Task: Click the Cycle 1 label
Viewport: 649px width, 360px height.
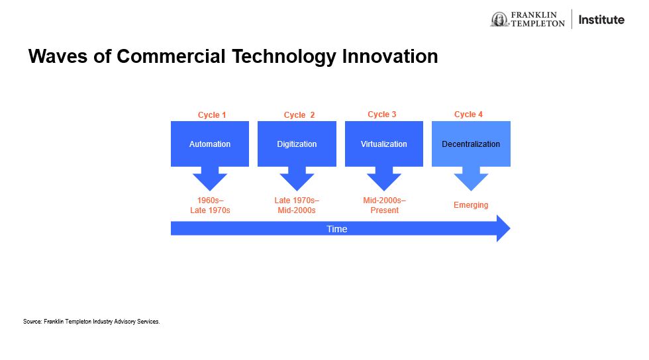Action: [x=212, y=114]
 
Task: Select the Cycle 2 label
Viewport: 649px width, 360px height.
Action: [x=299, y=114]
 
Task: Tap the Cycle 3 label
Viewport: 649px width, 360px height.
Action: [x=382, y=114]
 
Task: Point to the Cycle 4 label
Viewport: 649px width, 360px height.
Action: [x=469, y=114]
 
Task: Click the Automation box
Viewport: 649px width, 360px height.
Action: [x=210, y=144]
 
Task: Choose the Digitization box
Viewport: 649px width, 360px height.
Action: [x=297, y=144]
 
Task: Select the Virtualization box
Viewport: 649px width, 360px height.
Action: [x=384, y=144]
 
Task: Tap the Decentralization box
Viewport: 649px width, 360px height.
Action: [x=471, y=144]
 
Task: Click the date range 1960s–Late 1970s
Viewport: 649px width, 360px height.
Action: [x=211, y=205]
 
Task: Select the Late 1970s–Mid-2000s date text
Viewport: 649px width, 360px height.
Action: [x=297, y=205]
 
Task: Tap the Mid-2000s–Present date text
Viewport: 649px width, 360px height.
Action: [x=385, y=205]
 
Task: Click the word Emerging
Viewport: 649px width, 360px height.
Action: [x=471, y=205]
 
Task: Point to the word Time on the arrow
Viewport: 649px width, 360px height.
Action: [x=337, y=229]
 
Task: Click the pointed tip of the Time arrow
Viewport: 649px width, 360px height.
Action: [x=510, y=228]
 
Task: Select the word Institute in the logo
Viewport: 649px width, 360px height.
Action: [x=601, y=19]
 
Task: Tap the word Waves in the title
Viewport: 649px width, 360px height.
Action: [x=58, y=56]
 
